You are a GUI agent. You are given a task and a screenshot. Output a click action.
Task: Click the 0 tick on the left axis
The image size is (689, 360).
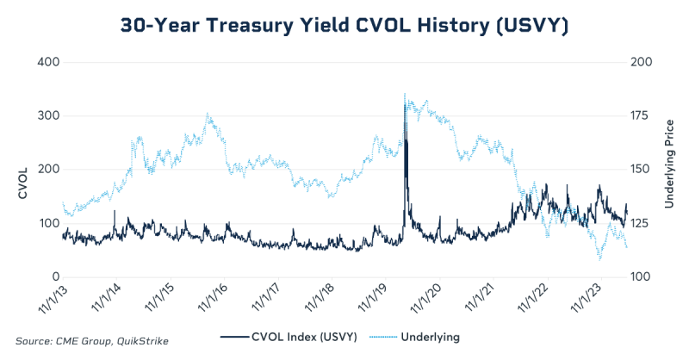pyautogui.click(x=53, y=276)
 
